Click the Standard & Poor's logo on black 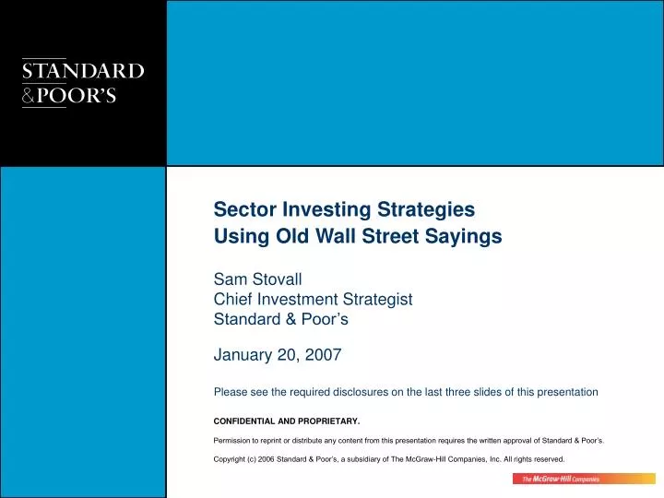click(x=83, y=83)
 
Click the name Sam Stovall click(x=253, y=279)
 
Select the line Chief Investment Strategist click(x=313, y=300)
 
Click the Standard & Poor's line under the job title click(x=280, y=320)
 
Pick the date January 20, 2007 click(x=278, y=354)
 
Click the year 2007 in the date click(x=324, y=354)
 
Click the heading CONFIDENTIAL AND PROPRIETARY click(x=287, y=422)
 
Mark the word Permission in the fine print click(x=234, y=441)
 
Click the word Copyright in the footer click(x=231, y=459)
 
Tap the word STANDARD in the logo click(x=83, y=71)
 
